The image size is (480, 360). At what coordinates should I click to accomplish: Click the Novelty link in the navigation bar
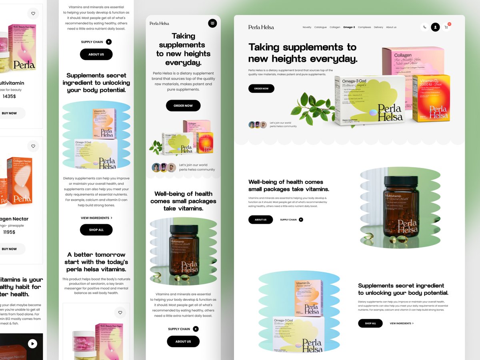tap(307, 27)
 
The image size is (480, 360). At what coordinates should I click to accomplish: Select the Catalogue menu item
tap(320, 27)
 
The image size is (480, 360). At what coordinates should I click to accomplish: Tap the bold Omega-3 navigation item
tap(349, 27)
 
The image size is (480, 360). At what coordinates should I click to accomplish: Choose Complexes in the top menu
tap(364, 27)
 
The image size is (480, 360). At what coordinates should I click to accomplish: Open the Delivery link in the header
tap(378, 27)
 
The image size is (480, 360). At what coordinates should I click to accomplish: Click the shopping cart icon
tap(446, 27)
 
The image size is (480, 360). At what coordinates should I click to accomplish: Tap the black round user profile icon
tap(435, 27)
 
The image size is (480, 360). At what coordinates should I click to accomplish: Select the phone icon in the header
tap(424, 27)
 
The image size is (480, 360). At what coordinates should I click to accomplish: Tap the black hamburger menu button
tap(212, 23)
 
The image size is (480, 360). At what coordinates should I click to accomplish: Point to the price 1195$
tap(9, 232)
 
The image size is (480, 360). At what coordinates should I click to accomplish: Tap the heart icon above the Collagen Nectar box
tap(33, 146)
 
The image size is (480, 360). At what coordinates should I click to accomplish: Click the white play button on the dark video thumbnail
tap(32, 344)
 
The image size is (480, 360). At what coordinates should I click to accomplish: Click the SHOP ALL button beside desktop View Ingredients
tap(370, 323)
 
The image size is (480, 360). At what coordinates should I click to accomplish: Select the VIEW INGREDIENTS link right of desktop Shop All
tap(402, 323)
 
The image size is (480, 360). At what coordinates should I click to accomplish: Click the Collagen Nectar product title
tap(14, 219)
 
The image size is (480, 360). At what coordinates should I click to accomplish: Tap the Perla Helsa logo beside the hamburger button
tap(159, 24)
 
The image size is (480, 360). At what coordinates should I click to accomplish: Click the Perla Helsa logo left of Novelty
tap(261, 27)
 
